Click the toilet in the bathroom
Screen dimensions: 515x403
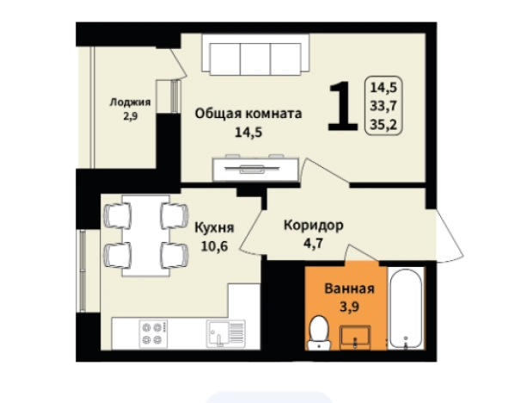(x=319, y=333)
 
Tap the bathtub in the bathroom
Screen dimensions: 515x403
(x=406, y=308)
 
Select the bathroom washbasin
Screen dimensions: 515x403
(x=355, y=337)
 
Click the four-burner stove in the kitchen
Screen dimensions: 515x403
(x=153, y=333)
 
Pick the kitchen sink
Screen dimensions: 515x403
(x=225, y=333)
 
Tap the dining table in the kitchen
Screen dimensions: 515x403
(x=146, y=236)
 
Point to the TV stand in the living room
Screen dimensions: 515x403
(x=255, y=169)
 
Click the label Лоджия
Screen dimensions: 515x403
(x=130, y=102)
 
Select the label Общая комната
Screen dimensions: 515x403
(x=248, y=114)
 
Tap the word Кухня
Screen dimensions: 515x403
(x=214, y=227)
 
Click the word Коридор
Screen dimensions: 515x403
(x=314, y=226)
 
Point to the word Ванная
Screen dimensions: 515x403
(x=349, y=288)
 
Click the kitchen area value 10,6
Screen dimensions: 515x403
(x=214, y=245)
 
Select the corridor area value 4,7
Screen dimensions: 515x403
(x=313, y=244)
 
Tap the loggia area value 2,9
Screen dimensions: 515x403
(x=131, y=116)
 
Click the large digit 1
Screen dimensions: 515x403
(x=343, y=106)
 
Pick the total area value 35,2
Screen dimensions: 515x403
(x=383, y=125)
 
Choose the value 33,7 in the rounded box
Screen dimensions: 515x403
(x=383, y=106)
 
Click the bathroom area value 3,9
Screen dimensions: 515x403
(x=349, y=307)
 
